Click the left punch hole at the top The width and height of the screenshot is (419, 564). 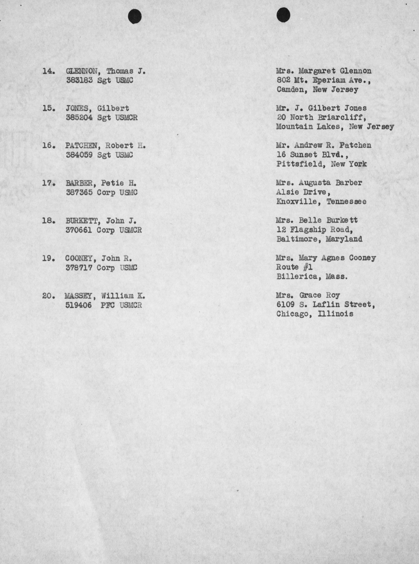(135, 16)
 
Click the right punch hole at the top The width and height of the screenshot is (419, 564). (283, 15)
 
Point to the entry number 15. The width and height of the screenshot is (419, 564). (48, 108)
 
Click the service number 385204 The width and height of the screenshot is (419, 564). (79, 118)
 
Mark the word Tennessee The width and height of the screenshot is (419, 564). (346, 202)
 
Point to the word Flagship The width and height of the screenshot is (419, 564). (308, 230)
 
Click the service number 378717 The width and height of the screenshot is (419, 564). (79, 268)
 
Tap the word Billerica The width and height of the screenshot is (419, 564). (297, 276)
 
